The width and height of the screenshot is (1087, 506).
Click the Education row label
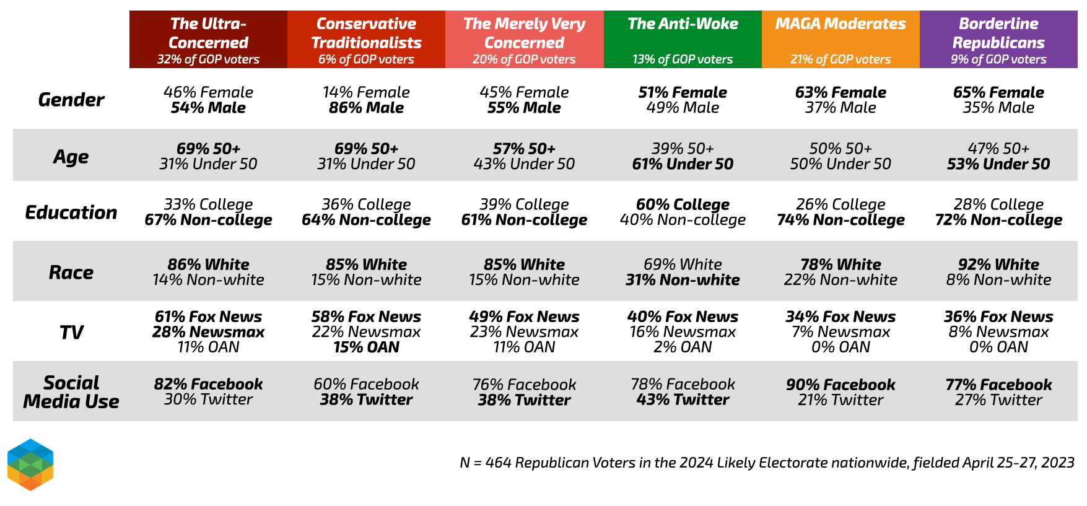click(71, 212)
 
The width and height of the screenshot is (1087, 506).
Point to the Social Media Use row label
click(71, 392)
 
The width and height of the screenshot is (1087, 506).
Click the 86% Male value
click(366, 108)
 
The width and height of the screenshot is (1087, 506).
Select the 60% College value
click(683, 204)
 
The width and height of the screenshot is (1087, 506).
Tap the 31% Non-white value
click(683, 280)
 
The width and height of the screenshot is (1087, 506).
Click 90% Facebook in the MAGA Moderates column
click(840, 385)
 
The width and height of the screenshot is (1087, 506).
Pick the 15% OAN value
click(366, 347)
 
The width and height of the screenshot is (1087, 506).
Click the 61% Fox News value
click(208, 316)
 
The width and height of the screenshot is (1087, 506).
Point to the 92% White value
click(998, 264)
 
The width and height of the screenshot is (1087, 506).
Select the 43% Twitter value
click(683, 400)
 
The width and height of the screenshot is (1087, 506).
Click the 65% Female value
click(998, 92)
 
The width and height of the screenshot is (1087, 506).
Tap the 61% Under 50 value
click(683, 164)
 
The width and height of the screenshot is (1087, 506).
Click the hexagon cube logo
click(30, 465)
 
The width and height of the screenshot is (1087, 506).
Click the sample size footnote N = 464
click(767, 463)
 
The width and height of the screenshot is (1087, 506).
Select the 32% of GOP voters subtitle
click(208, 59)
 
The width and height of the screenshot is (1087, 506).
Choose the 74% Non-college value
click(840, 220)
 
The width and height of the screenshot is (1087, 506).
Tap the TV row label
click(71, 333)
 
